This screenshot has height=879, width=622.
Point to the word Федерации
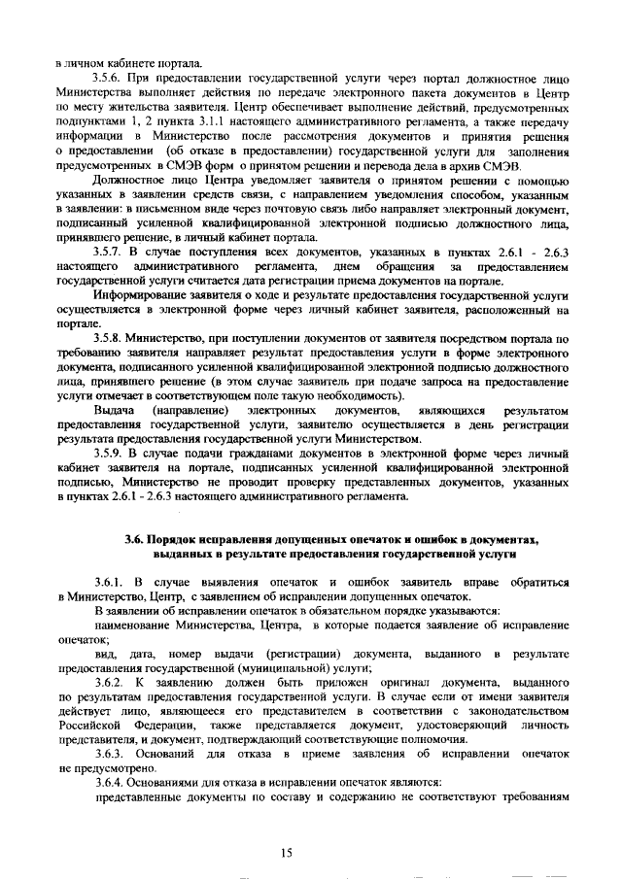pos(146,725)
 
